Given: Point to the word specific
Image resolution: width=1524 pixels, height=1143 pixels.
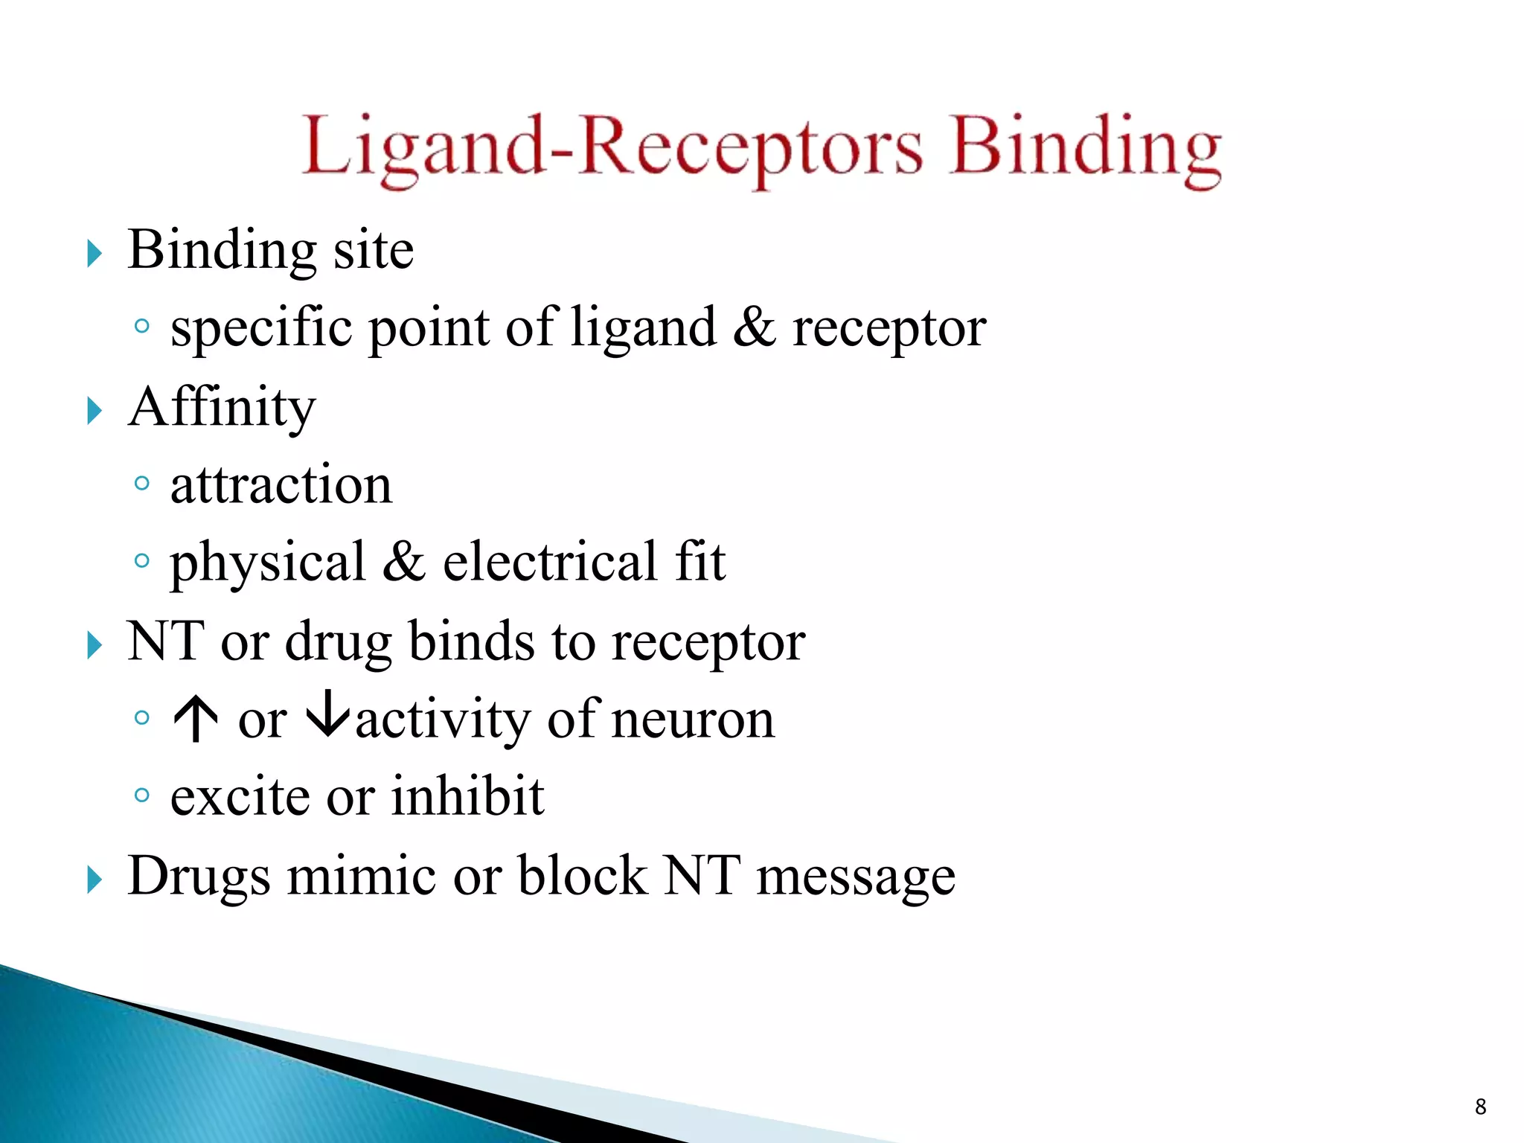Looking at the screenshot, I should pos(261,329).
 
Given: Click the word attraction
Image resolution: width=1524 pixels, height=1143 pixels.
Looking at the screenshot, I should pos(281,485).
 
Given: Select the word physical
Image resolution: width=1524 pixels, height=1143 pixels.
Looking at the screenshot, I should pos(268,563).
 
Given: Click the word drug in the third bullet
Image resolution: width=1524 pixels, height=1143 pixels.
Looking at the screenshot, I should pos(339,642).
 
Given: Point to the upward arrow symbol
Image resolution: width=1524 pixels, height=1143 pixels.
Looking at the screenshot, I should pos(195,720).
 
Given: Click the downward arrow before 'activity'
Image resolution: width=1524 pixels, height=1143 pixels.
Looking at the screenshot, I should pos(327,716).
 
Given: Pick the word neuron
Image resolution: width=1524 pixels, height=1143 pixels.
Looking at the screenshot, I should pos(693,720).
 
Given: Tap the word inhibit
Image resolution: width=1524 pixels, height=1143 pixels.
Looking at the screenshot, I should pos(468,796).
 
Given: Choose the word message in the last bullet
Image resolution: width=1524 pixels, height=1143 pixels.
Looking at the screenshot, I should pos(856,878).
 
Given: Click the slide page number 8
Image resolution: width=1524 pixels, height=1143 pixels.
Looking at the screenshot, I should pos(1480,1107).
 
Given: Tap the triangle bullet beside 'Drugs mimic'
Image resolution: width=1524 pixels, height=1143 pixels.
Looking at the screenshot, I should pos(94,880).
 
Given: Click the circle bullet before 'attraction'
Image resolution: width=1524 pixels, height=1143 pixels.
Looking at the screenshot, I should pos(141,484).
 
